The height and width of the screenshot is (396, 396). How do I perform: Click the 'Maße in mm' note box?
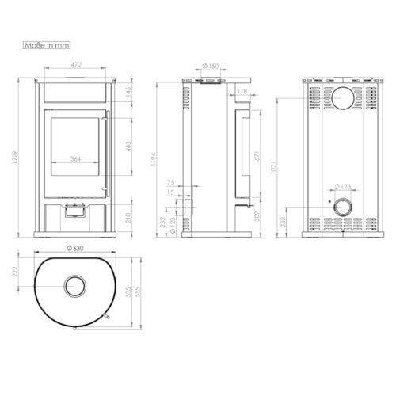[47, 45]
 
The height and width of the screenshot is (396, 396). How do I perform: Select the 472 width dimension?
[76, 65]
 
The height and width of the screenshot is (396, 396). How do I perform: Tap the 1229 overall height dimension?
[16, 158]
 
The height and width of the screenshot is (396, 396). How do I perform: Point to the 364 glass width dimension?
[75, 159]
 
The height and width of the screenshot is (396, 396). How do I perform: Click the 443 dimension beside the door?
[128, 147]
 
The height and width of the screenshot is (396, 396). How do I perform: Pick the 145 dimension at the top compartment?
[128, 92]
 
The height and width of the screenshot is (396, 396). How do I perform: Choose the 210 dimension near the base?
[128, 218]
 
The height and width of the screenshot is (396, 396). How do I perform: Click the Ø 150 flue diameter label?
[211, 66]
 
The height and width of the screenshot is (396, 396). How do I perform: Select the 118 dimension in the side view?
[242, 91]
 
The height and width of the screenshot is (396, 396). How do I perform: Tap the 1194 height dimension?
[154, 159]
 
